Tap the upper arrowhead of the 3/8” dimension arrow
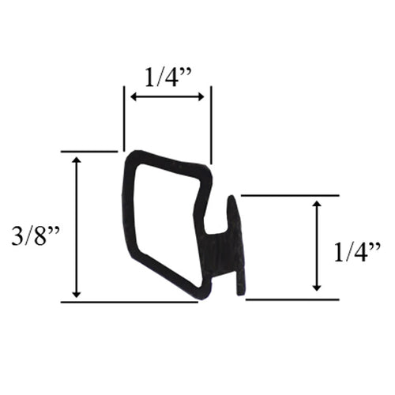76,160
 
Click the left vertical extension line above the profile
123,118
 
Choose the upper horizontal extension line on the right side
289,194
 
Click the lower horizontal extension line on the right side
292,299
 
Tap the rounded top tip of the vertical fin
233,198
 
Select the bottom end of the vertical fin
240,294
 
